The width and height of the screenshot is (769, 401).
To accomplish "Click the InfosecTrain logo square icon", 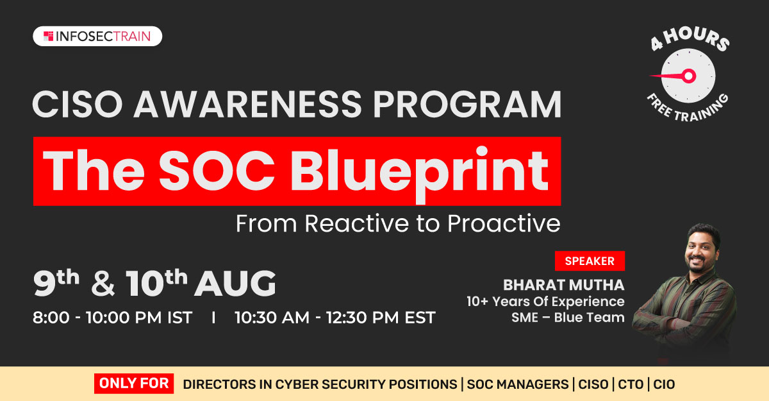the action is click(x=49, y=36).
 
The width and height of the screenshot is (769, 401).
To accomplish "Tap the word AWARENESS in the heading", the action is click(x=247, y=104).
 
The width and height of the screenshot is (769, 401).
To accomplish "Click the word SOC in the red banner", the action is click(x=217, y=171).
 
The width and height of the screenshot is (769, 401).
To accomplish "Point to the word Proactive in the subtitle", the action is click(x=504, y=223).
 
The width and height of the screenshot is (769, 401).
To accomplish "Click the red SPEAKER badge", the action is click(x=590, y=260).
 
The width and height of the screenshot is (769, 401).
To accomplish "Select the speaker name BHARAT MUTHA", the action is click(x=564, y=285).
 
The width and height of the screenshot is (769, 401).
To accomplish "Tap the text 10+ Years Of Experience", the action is click(x=545, y=302).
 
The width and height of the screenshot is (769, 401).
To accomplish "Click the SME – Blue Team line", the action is click(x=568, y=318).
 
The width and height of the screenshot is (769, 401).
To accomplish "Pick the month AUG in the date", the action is click(x=235, y=283).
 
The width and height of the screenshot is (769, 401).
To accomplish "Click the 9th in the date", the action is click(x=56, y=282).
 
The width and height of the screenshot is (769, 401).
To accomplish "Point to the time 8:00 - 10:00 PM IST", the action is click(x=112, y=317).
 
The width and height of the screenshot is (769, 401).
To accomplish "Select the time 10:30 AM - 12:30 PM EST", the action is click(x=335, y=317).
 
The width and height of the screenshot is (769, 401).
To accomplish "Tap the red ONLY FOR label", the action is click(x=134, y=383).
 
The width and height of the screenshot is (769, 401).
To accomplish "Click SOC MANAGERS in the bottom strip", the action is click(x=518, y=384).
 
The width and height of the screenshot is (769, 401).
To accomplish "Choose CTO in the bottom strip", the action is click(x=631, y=384).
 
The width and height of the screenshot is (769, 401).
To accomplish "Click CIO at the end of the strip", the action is click(x=664, y=384).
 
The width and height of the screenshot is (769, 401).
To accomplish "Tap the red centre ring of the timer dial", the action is click(x=689, y=76).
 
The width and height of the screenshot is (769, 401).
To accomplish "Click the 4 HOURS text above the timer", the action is click(x=690, y=38).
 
